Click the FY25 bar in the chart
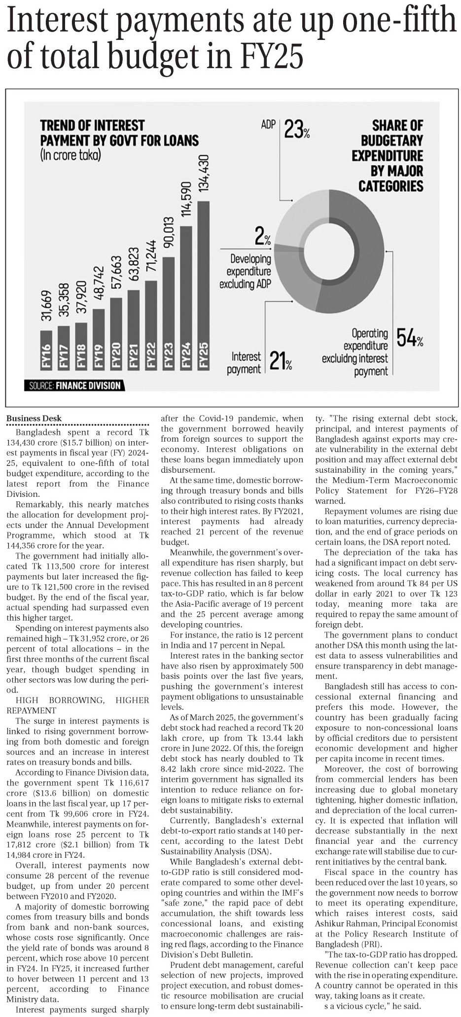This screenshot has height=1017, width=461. click(x=203, y=286)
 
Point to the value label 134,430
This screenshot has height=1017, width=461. click(x=204, y=174)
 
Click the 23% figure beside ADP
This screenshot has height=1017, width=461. click(x=297, y=131)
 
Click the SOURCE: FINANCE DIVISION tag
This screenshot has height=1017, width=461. click(x=74, y=385)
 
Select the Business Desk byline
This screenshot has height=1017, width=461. click(x=34, y=418)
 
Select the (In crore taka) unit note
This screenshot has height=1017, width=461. click(x=71, y=156)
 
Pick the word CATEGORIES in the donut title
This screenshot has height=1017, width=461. click(x=390, y=186)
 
